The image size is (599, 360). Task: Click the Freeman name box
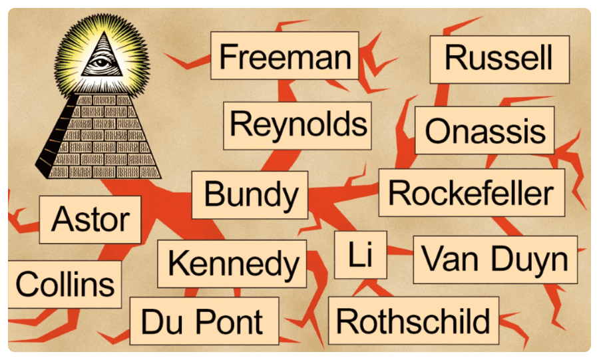[285, 56]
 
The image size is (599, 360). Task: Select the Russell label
[500, 59]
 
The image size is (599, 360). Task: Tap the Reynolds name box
[298, 126]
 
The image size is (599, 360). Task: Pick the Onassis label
[485, 130]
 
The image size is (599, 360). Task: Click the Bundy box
[250, 195]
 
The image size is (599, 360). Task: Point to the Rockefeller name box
[472, 192]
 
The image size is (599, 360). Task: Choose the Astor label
[90, 220]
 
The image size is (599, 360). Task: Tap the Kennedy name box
[232, 264]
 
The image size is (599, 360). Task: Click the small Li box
[361, 255]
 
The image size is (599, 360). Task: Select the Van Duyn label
[495, 260]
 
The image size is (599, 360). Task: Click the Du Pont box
[204, 321]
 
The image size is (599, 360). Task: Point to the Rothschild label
[414, 321]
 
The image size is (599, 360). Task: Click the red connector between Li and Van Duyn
[401, 251]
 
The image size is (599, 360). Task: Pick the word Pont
[229, 321]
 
